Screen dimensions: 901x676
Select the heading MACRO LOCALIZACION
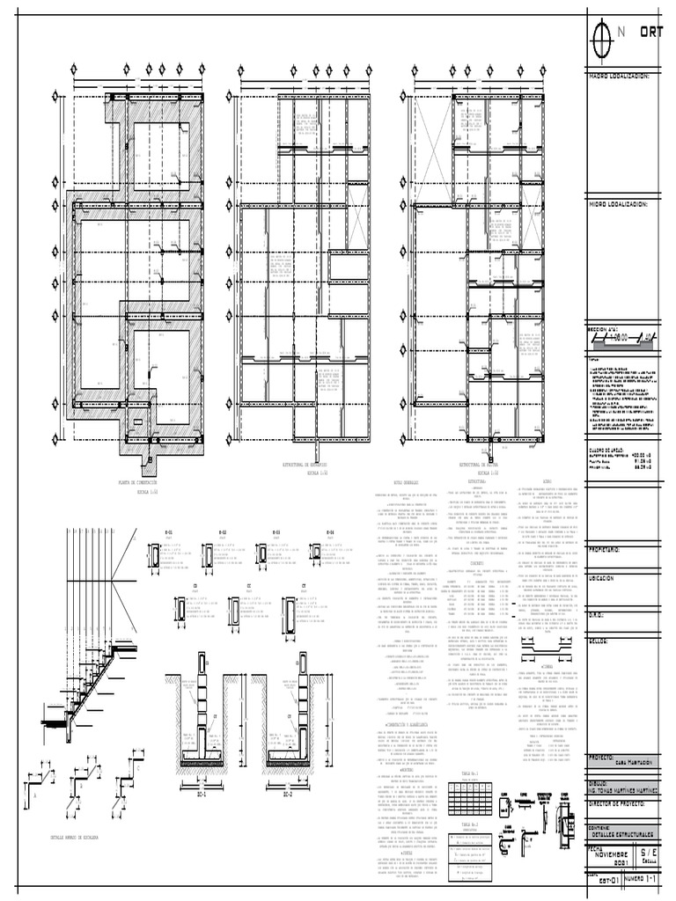(619, 77)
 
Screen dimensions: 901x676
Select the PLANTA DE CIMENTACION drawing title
(143, 483)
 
